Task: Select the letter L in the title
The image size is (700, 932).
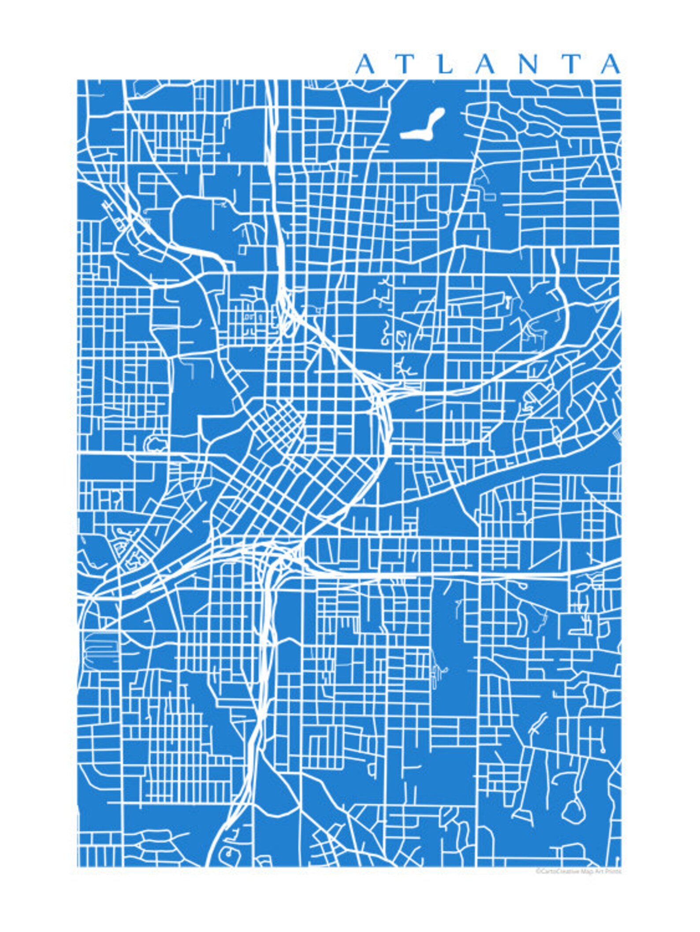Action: (446, 64)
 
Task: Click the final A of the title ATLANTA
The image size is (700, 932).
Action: (611, 64)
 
